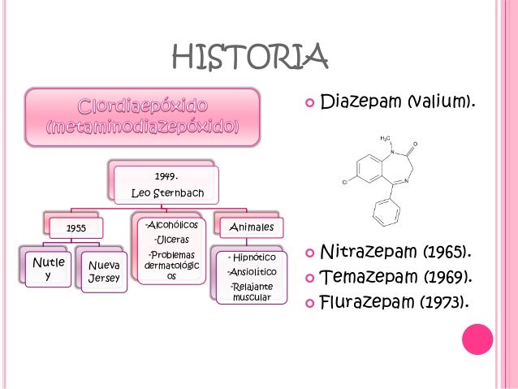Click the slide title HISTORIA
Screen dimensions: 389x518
[250, 57]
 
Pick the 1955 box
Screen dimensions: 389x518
[76, 228]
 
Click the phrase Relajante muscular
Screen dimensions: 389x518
[252, 292]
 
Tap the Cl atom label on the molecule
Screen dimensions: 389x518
[344, 182]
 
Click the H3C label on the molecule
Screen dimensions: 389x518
[386, 138]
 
